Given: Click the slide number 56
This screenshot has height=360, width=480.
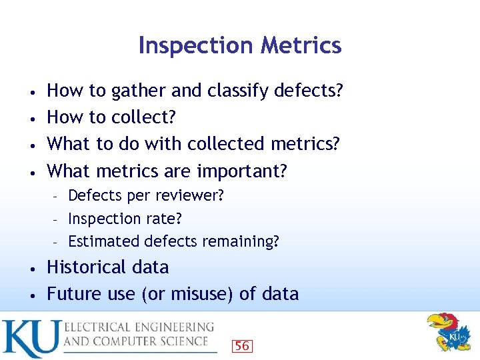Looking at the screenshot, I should click(x=241, y=345).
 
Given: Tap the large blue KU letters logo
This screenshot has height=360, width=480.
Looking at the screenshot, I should click(x=30, y=339).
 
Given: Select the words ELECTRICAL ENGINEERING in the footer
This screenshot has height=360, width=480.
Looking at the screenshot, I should click(x=139, y=327).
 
